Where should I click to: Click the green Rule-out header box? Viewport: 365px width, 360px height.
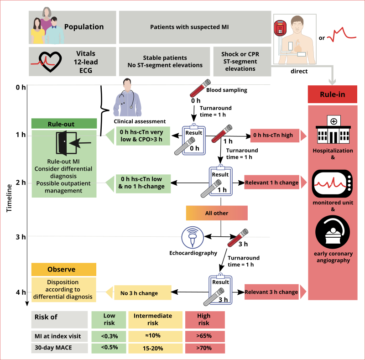(64, 124)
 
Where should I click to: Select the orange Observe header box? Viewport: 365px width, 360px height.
(64, 270)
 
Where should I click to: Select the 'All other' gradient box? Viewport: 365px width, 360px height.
(216, 213)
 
